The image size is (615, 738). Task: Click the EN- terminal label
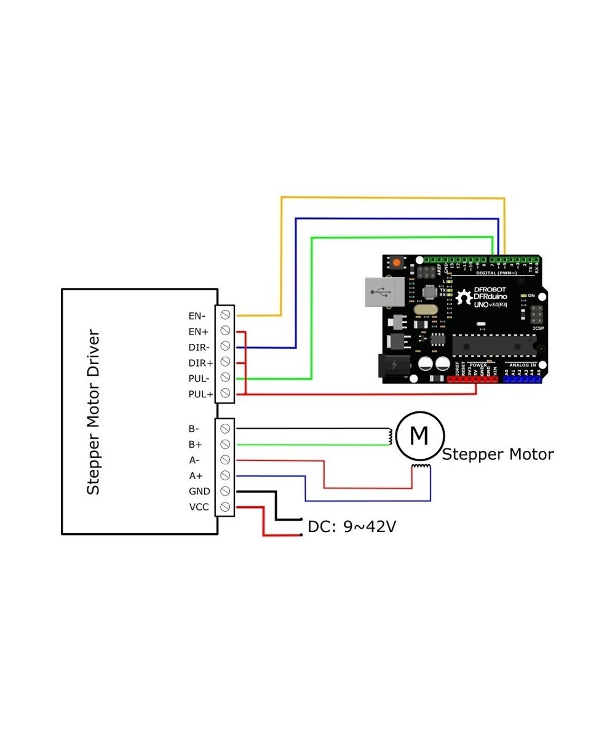(197, 316)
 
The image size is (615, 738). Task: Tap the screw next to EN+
(225, 331)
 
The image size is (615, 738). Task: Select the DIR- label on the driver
(199, 347)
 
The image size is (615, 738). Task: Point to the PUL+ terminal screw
(225, 393)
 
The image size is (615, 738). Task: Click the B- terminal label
(194, 429)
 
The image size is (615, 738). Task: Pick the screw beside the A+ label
(225, 475)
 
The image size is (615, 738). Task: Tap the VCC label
(199, 507)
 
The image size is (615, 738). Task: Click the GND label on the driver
(199, 491)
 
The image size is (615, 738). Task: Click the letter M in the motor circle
(419, 436)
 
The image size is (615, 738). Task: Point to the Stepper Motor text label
(498, 454)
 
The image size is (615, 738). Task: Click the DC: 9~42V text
(351, 527)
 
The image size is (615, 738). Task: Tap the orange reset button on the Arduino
(396, 263)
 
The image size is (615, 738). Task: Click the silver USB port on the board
(384, 292)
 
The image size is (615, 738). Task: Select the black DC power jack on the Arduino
(391, 365)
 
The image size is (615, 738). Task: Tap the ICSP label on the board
(538, 328)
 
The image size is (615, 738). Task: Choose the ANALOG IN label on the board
(522, 365)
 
